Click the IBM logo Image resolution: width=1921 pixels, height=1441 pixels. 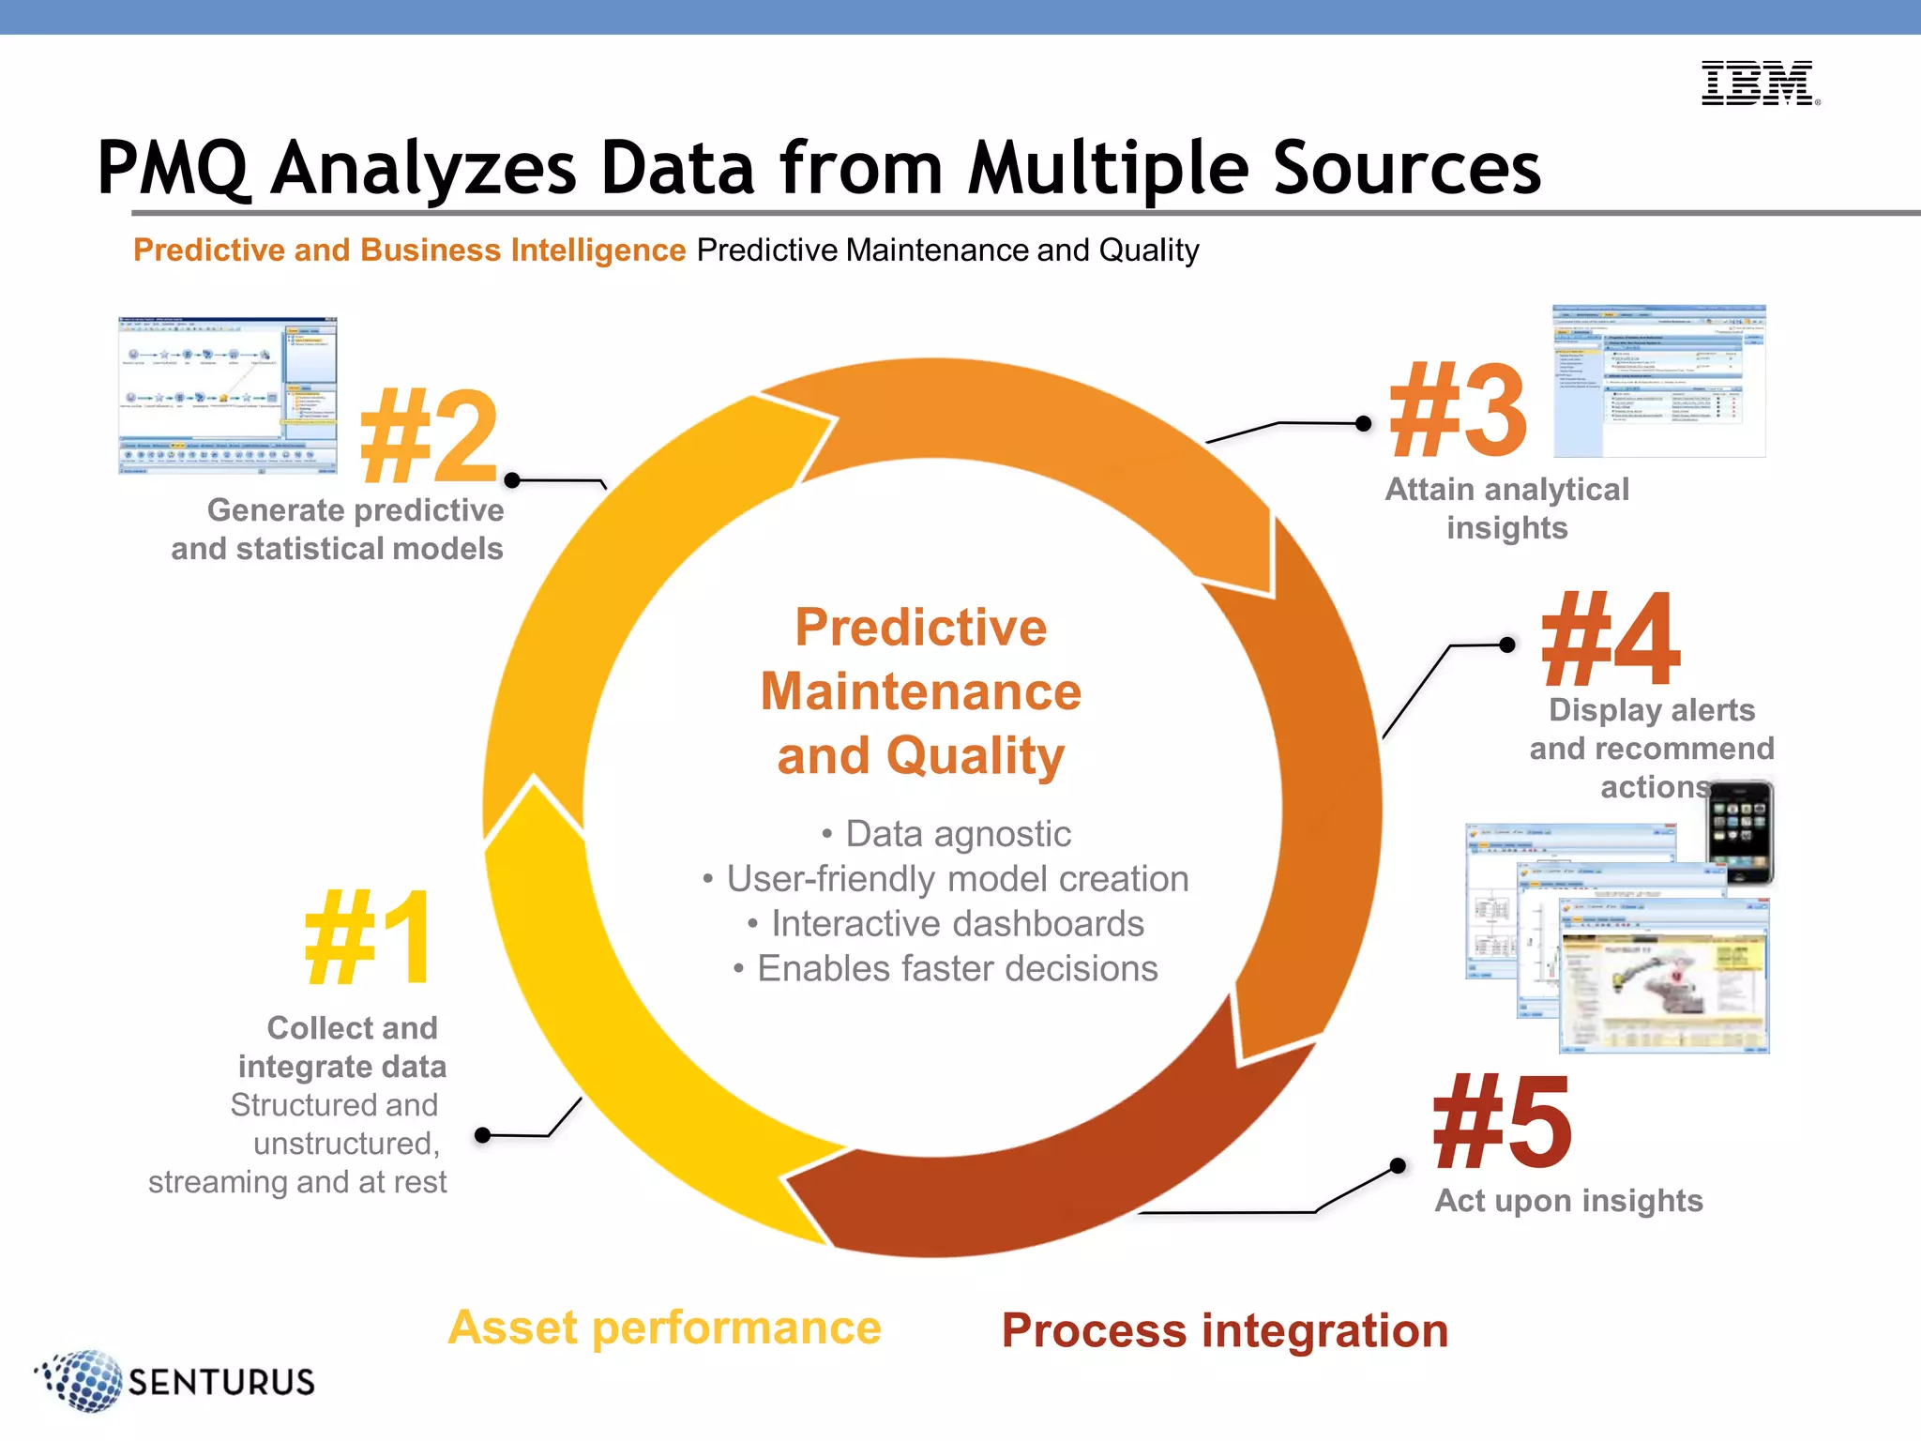click(1759, 83)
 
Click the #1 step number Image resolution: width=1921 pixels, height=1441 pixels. click(370, 939)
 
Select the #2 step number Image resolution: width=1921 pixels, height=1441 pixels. click(430, 436)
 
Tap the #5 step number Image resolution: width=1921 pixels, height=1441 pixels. click(1503, 1123)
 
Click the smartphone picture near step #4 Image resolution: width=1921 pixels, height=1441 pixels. click(1740, 832)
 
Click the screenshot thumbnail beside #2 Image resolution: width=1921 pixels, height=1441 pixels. click(227, 395)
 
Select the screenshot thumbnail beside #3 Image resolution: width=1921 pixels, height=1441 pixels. click(1658, 381)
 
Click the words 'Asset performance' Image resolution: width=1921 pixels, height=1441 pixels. click(664, 1327)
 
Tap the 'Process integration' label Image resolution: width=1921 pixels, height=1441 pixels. click(1225, 1330)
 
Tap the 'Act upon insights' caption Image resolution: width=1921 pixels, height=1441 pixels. click(1568, 1201)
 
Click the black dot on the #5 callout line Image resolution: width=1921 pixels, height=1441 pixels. click(1398, 1166)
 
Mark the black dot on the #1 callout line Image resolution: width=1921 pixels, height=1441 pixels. click(483, 1136)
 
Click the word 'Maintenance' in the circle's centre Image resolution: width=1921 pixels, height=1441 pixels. click(920, 691)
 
